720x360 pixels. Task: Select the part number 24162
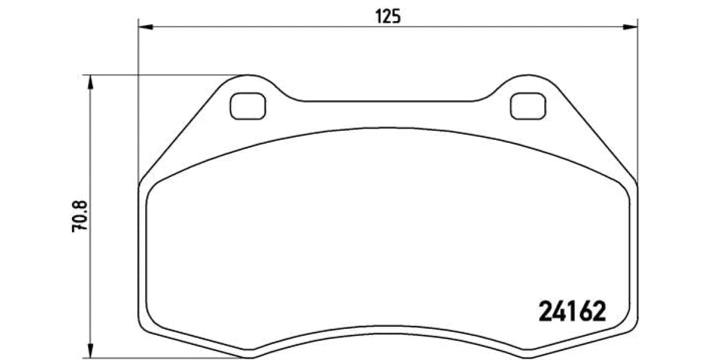(x=571, y=312)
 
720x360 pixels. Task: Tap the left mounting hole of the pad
(x=248, y=107)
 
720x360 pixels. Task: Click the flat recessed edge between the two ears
(x=388, y=101)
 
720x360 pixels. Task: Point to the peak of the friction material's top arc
(x=388, y=127)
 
